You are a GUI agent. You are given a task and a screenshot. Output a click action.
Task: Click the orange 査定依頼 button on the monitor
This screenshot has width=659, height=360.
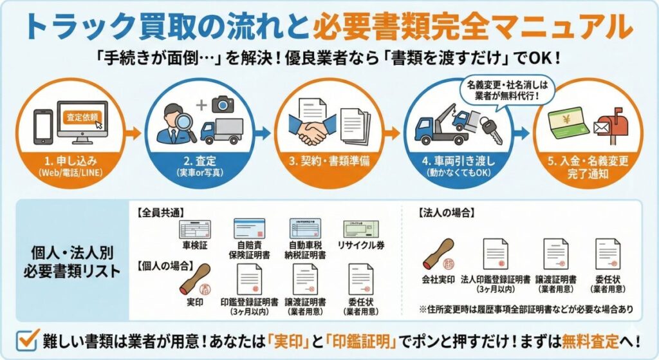click(x=83, y=118)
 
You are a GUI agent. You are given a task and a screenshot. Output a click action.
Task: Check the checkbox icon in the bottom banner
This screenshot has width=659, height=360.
click(x=25, y=340)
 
